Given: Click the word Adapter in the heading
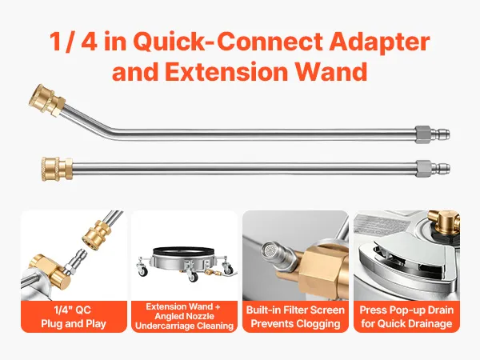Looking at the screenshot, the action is click(x=379, y=42).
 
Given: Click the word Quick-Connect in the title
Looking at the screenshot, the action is click(x=228, y=42).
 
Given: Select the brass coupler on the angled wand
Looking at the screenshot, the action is click(x=47, y=101).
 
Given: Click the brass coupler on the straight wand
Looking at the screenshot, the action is click(x=57, y=169).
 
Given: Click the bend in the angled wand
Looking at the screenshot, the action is click(x=114, y=130).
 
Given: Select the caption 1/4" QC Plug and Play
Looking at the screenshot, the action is click(x=74, y=317).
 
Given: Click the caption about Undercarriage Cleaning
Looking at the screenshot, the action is click(x=184, y=316).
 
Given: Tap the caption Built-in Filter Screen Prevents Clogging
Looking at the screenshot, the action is click(x=295, y=317).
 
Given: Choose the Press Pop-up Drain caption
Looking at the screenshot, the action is click(x=406, y=317).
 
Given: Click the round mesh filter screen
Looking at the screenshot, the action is click(x=270, y=250).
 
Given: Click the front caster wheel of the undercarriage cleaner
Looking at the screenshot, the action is click(x=193, y=278).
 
